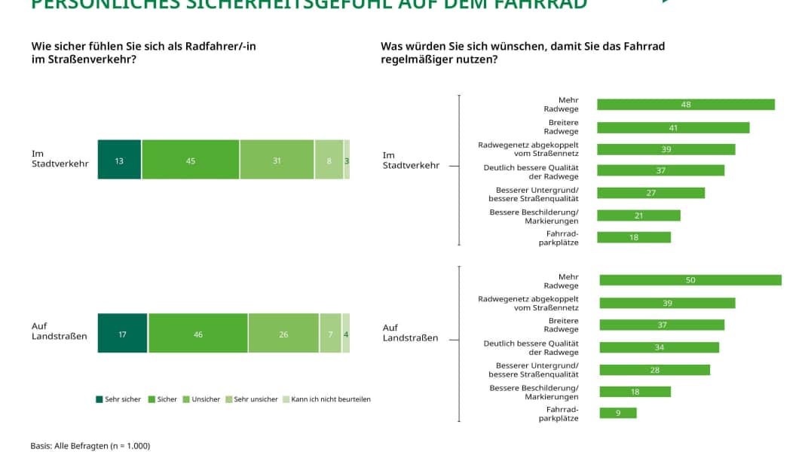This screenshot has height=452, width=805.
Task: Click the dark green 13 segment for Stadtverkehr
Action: pos(119,159)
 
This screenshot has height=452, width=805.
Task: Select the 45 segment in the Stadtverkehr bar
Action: pos(190,159)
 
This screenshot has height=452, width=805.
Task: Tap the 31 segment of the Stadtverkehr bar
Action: pos(277,159)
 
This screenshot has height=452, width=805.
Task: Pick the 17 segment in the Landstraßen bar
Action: pos(122,333)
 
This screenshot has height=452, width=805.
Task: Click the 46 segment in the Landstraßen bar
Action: pos(197,333)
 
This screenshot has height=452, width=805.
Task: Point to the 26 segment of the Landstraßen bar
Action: pos(283,333)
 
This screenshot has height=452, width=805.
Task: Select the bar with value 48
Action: pos(685,105)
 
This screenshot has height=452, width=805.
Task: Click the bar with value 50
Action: pos(690,280)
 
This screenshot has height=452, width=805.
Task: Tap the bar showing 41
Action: pos(673,127)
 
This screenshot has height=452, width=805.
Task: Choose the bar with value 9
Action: pos(617,413)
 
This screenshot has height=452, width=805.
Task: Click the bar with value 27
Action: pos(650,193)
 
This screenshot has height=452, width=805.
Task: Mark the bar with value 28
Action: pos(653,370)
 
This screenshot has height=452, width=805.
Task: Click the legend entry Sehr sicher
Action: pos(118,399)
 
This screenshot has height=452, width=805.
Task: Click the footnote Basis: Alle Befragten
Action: pos(90,445)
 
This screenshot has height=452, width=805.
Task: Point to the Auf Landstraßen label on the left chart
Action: pos(59,331)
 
